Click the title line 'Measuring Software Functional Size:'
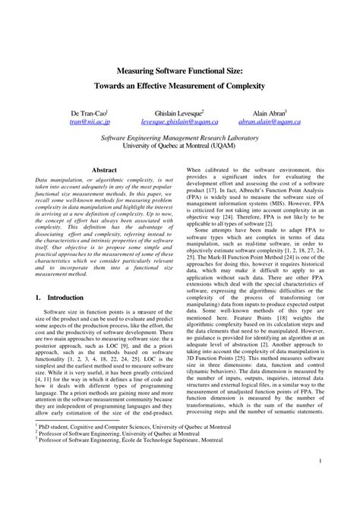(x=180, y=71)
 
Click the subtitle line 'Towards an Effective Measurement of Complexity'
(x=180, y=87)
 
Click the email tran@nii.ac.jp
(x=90, y=121)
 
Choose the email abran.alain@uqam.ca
(x=270, y=121)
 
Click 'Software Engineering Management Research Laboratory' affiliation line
(x=180, y=138)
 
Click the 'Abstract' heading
(x=104, y=171)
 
